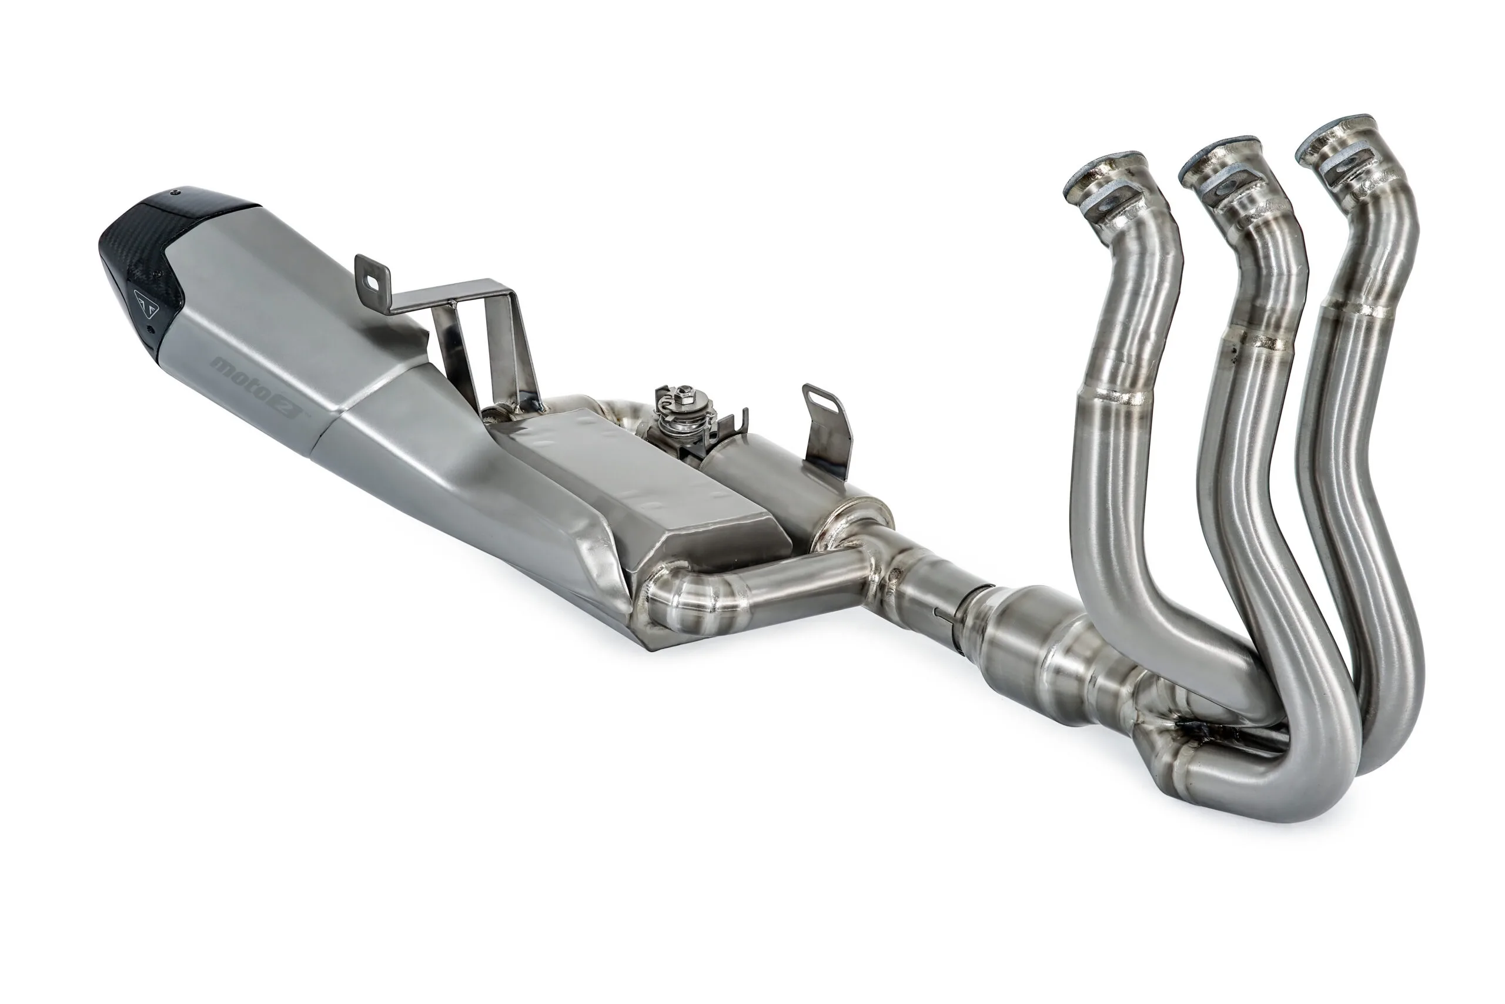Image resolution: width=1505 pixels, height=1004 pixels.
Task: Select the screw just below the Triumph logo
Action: [150, 330]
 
